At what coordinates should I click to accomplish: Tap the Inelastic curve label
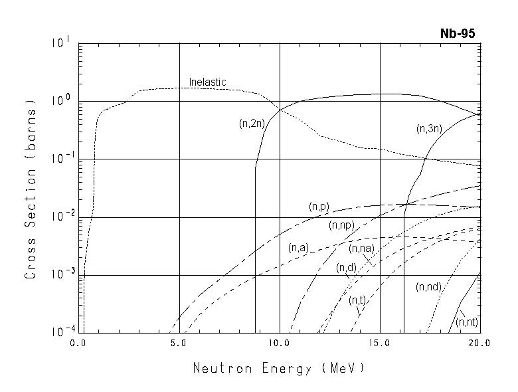pos(207,82)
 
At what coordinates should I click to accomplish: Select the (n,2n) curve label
pos(252,123)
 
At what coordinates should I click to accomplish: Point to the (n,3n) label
pos(429,129)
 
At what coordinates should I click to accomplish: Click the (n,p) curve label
pos(319,207)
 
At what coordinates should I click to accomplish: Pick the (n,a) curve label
pos(298,248)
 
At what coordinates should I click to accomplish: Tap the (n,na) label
pos(361,248)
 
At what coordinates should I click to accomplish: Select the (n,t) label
pos(357,300)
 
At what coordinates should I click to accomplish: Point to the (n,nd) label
pos(428,287)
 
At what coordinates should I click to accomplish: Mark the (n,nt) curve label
pos(468,322)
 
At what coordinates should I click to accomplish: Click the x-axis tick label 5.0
pos(179,343)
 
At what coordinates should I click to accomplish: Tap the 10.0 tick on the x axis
pos(279,343)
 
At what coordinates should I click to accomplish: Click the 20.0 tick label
pos(478,343)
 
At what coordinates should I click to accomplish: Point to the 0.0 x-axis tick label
pos(78,343)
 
